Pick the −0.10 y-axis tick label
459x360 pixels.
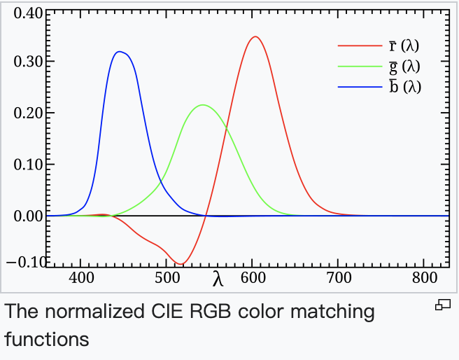tap(25, 262)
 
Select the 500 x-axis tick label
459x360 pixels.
tap(167, 277)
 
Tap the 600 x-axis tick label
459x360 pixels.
tap(253, 277)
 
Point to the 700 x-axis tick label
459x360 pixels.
tap(338, 277)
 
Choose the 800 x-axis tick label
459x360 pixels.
tap(423, 277)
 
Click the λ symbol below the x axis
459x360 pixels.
tap(218, 279)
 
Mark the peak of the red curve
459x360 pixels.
tap(255, 36)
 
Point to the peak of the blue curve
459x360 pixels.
tap(120, 51)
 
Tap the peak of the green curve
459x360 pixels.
tap(203, 105)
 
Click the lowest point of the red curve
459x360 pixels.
tap(181, 264)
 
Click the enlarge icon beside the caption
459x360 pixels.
tap(442, 305)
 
